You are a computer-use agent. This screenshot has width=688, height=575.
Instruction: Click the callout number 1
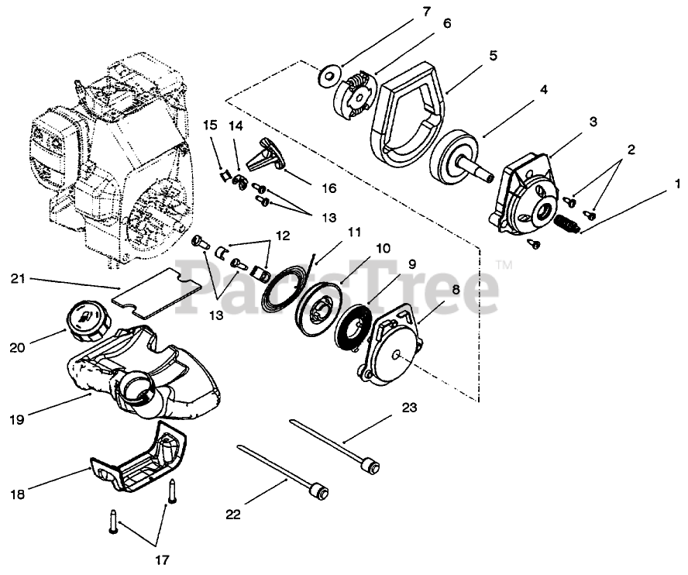point(677,184)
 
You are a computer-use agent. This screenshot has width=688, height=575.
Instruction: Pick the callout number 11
point(354,232)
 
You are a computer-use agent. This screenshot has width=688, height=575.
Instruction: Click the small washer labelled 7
point(329,77)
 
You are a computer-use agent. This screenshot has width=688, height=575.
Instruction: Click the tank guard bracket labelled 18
point(139,463)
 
